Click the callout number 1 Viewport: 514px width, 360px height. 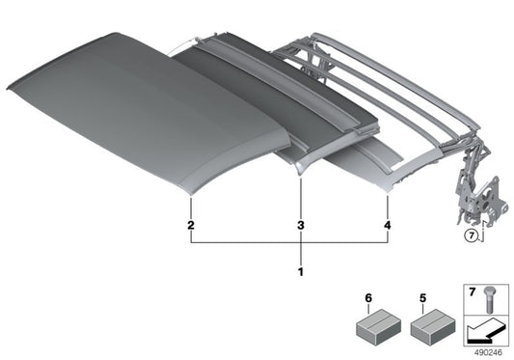(301, 270)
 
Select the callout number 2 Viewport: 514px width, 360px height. (192, 225)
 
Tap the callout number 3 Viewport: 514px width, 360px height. (301, 225)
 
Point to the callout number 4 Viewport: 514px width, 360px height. (389, 225)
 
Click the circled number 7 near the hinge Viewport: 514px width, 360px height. (470, 235)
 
